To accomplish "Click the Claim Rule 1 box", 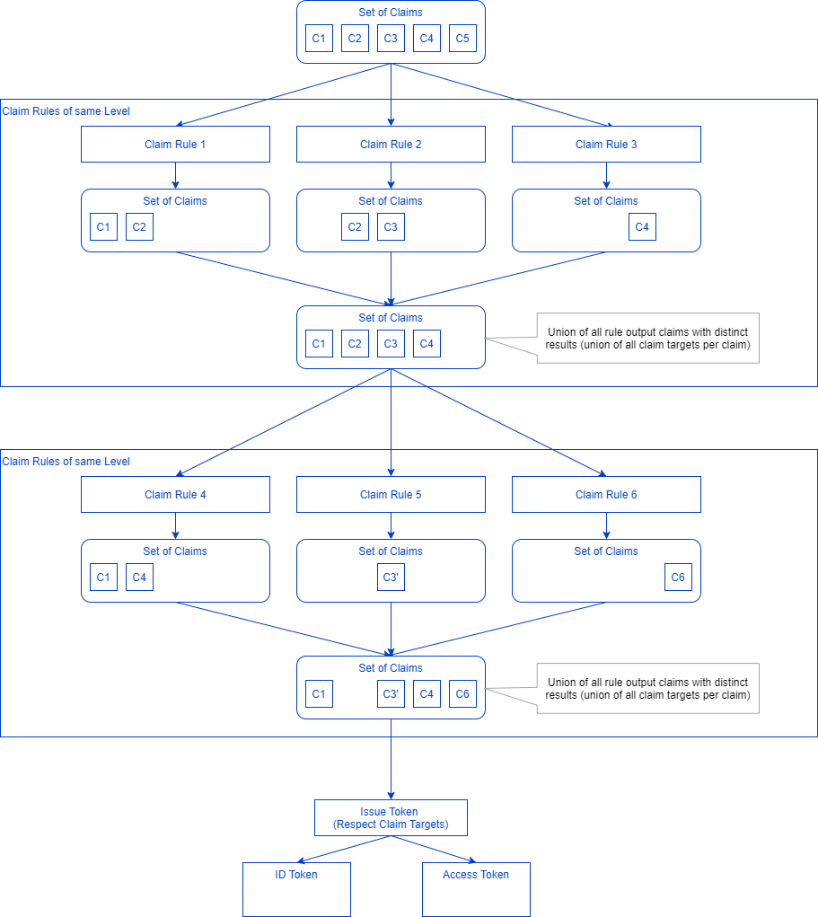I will (175, 144).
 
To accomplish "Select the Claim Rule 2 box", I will (391, 144).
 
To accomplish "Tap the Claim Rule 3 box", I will (606, 144).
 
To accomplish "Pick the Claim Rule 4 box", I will (175, 494).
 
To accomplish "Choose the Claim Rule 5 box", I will (391, 494).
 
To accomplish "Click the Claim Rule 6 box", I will (606, 494).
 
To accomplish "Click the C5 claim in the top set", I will (462, 39).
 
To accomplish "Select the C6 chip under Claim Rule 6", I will (678, 578).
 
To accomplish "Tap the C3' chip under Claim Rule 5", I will (391, 578).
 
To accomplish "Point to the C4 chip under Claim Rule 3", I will (642, 227).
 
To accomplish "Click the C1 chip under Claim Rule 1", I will (103, 227).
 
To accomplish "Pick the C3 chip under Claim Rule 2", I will (391, 227).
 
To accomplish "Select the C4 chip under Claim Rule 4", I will (139, 578).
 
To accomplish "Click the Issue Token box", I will (391, 817).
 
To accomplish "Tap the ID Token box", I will (296, 889).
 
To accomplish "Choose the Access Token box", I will (476, 889).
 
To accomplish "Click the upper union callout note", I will (647, 338).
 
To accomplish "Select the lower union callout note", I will (647, 688).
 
